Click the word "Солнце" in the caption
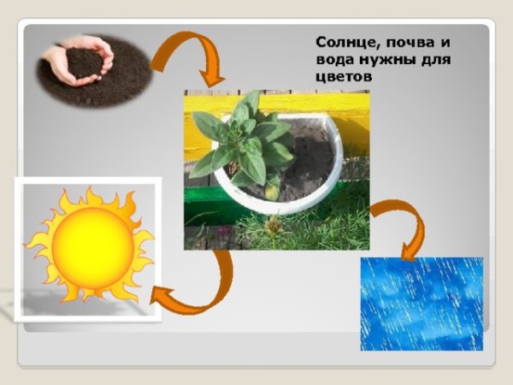point(340,42)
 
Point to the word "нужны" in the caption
point(379,61)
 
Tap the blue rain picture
point(421,304)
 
